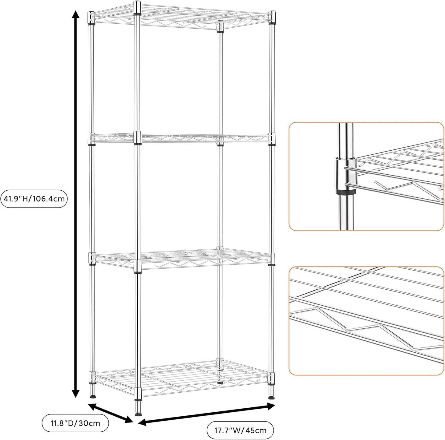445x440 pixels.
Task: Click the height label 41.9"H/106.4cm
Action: click(34, 199)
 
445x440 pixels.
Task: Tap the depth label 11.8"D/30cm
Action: click(75, 423)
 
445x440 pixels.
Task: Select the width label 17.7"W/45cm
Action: click(240, 430)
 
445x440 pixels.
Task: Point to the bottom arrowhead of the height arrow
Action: click(75, 394)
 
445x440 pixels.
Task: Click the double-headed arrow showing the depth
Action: click(111, 413)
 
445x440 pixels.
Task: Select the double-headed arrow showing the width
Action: click(206, 414)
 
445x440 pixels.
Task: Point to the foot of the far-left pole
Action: click(92, 395)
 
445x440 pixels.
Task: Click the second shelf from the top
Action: click(182, 138)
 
